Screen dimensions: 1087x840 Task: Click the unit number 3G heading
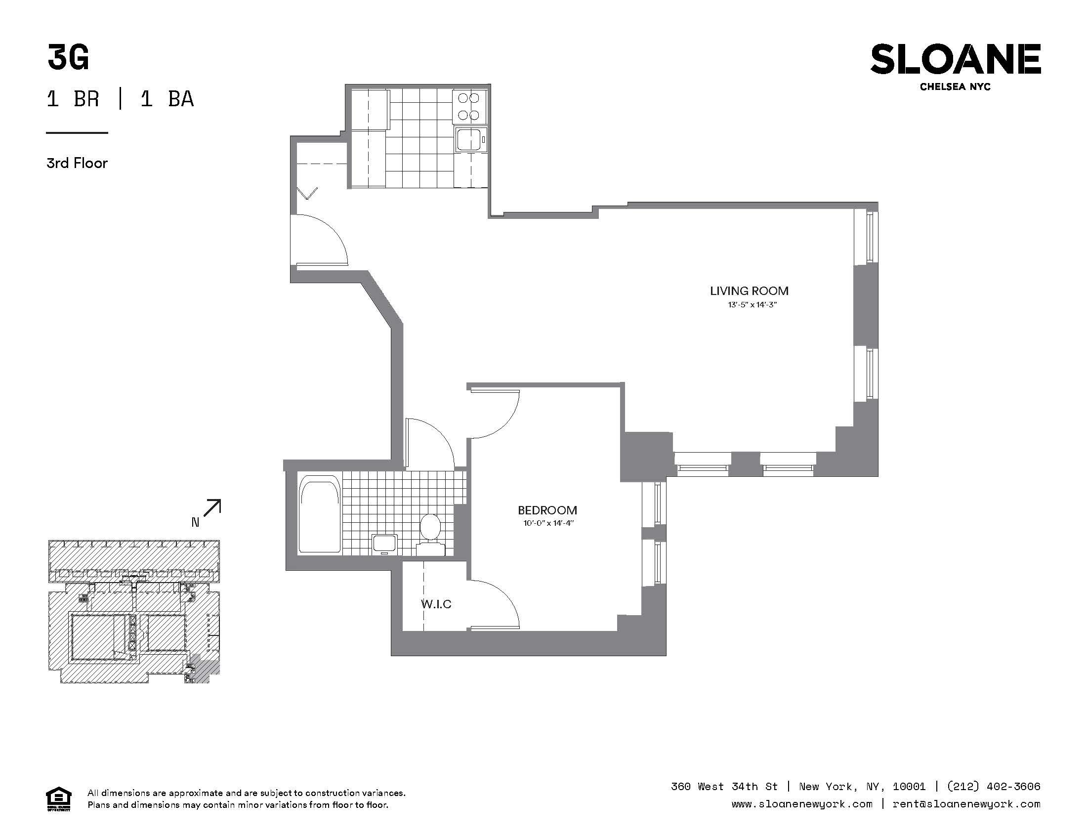click(68, 57)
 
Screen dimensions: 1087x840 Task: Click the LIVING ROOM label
click(749, 291)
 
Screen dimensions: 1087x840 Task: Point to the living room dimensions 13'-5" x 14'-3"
click(752, 304)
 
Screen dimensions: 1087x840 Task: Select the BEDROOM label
click(547, 510)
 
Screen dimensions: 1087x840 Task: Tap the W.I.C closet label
click(436, 604)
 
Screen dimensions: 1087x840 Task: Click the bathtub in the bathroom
click(320, 513)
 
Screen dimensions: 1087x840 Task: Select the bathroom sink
click(385, 544)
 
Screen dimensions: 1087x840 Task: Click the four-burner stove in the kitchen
click(469, 107)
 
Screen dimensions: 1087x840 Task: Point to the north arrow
click(211, 508)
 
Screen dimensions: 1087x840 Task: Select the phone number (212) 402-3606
click(994, 786)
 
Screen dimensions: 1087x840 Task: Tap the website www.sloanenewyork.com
click(802, 803)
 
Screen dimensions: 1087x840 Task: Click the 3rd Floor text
click(77, 163)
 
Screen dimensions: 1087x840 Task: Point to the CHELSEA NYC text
click(955, 86)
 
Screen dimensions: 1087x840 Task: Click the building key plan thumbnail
click(134, 612)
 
